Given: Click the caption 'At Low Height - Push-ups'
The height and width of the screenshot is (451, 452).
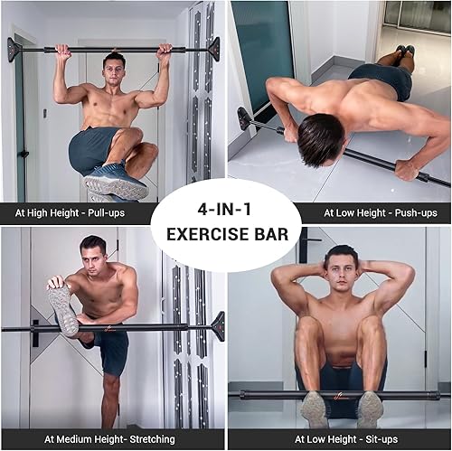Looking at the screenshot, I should click(x=383, y=214).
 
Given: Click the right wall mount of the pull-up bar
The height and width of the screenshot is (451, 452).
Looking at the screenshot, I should click(x=213, y=48).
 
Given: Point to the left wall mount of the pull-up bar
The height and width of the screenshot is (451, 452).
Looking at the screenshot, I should click(x=13, y=49).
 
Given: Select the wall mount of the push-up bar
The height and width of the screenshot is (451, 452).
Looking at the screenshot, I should click(x=242, y=118).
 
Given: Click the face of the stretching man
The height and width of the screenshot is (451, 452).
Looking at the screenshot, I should click(x=93, y=255).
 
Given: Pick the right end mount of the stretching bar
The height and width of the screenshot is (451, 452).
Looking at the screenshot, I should click(x=217, y=325).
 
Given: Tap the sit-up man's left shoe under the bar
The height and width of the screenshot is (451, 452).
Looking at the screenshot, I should click(x=314, y=409).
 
